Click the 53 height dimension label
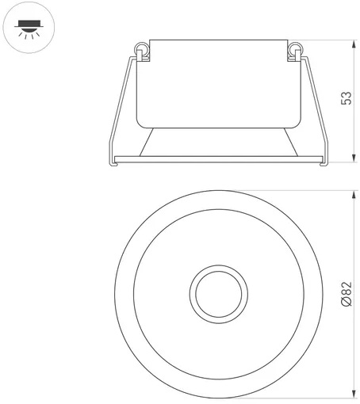pos(347,98)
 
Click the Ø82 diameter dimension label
pos(347,294)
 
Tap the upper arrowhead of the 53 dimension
pos(354,44)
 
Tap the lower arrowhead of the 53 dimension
pos(354,158)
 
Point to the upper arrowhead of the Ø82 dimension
pos(354,194)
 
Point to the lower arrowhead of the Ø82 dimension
pos(354,394)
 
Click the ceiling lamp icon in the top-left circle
pos(29,29)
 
